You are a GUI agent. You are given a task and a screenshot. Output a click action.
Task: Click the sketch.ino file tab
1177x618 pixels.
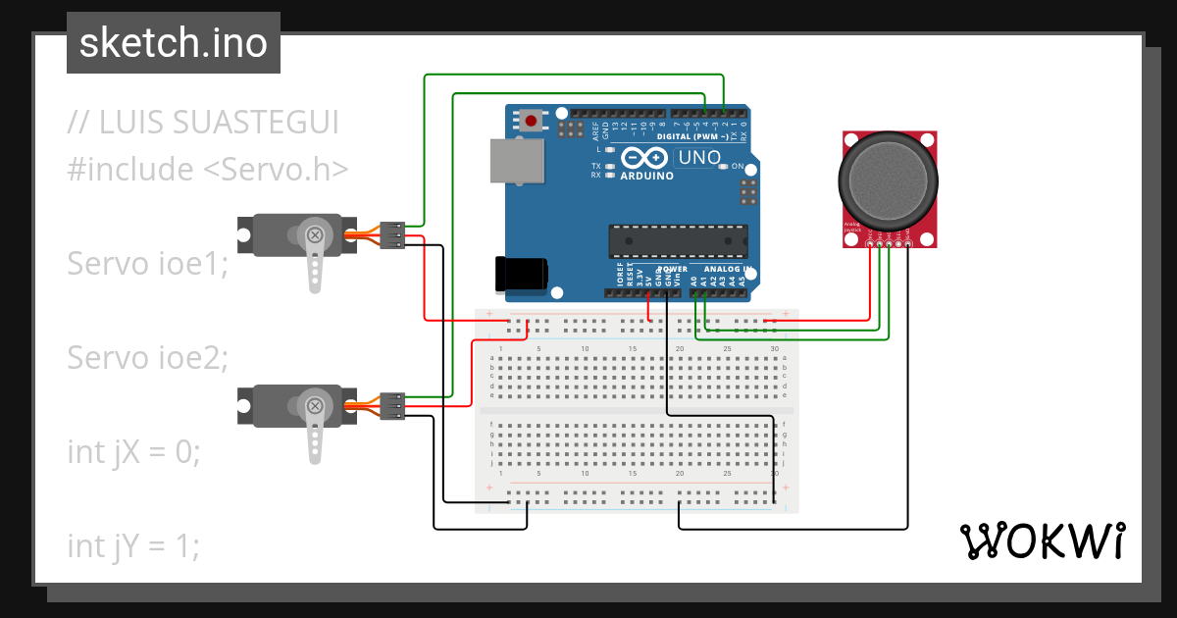tap(173, 43)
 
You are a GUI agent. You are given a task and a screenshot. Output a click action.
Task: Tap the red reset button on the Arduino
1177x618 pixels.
tap(531, 121)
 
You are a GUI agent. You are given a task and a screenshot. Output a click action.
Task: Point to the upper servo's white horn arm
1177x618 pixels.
tap(314, 260)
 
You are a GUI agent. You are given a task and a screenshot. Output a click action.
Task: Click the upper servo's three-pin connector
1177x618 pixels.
tap(393, 236)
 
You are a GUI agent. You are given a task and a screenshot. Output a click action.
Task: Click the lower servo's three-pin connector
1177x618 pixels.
tap(393, 405)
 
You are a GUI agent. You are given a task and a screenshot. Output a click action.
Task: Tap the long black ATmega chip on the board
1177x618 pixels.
tap(678, 240)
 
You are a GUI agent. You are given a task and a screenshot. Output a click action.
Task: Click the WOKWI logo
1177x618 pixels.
tap(1042, 541)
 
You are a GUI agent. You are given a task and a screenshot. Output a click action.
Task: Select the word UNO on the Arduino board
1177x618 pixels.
tap(698, 157)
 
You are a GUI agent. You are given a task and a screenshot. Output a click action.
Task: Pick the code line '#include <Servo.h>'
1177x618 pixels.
tap(208, 169)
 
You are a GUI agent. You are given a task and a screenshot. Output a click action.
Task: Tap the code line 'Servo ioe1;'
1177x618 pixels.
tap(147, 263)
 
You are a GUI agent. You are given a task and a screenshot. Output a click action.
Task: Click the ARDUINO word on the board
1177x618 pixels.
tap(646, 177)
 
